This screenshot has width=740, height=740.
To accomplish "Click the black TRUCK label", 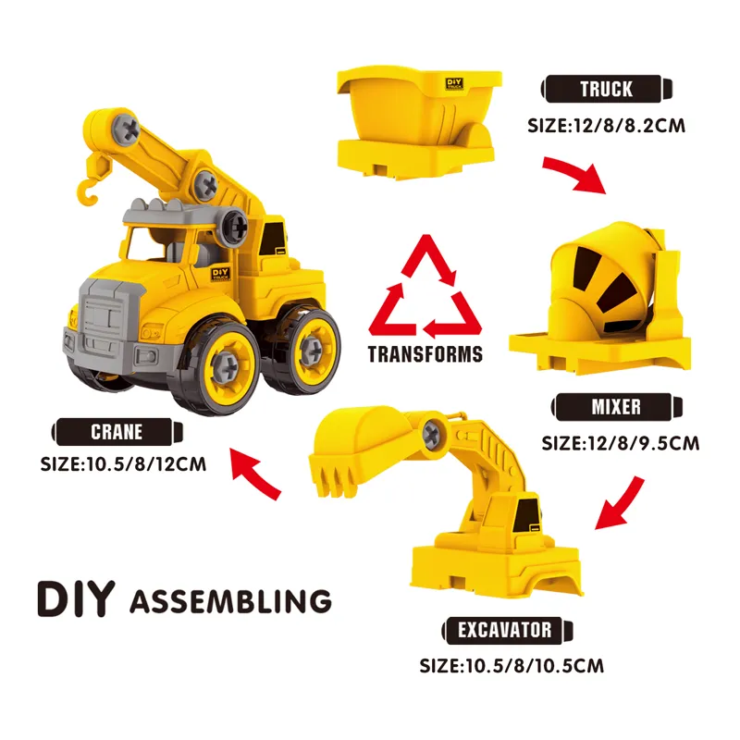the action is (x=607, y=89).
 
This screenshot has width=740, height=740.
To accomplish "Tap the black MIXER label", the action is (x=616, y=407).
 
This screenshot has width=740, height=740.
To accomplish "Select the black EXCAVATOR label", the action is (x=507, y=630).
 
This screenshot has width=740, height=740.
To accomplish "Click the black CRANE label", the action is (x=117, y=432).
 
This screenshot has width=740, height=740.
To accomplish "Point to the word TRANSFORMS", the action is (x=425, y=354).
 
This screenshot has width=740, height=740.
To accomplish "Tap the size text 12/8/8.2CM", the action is (x=629, y=126).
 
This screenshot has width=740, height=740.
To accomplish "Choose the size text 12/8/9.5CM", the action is (x=643, y=444).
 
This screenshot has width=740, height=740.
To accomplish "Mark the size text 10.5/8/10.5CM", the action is (x=535, y=666).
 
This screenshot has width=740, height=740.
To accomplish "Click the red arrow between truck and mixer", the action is (x=576, y=172).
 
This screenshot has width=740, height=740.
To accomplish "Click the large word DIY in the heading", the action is (x=76, y=598).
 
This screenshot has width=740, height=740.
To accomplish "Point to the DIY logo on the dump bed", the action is (x=454, y=84).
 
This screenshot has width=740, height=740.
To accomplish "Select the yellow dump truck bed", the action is (x=418, y=123).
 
